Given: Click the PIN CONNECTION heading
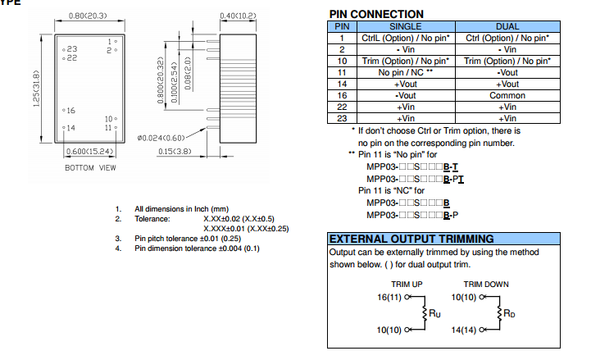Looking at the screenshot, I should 376,14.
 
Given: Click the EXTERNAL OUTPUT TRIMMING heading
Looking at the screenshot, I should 411,239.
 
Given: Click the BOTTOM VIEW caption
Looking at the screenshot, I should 90,168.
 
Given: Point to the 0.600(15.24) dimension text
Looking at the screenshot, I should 89,153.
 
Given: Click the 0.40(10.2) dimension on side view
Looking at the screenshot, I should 240,15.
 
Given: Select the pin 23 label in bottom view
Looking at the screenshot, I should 72,50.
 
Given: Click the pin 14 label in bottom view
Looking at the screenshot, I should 70,128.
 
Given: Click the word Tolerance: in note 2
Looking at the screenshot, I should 152,219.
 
